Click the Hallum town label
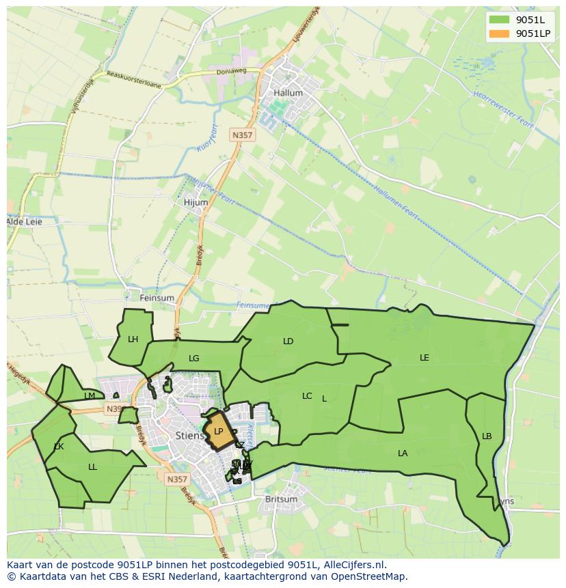pyautogui.click(x=287, y=93)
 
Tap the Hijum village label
pyautogui.click(x=196, y=202)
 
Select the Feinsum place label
pyautogui.click(x=157, y=298)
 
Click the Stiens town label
pyautogui.click(x=189, y=435)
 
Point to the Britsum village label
pyautogui.click(x=281, y=499)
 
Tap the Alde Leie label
pyautogui.click(x=24, y=222)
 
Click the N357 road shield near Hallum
pyautogui.click(x=242, y=135)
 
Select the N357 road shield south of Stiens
pyautogui.click(x=176, y=479)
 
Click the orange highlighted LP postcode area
pyautogui.click(x=219, y=432)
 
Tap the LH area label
pyautogui.click(x=133, y=339)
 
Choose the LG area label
pyautogui.click(x=194, y=358)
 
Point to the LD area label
pyautogui.click(x=288, y=341)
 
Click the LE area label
pyautogui.click(x=424, y=357)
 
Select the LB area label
pyautogui.click(x=487, y=436)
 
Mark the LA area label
pyautogui.click(x=403, y=453)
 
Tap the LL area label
pyautogui.click(x=92, y=467)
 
